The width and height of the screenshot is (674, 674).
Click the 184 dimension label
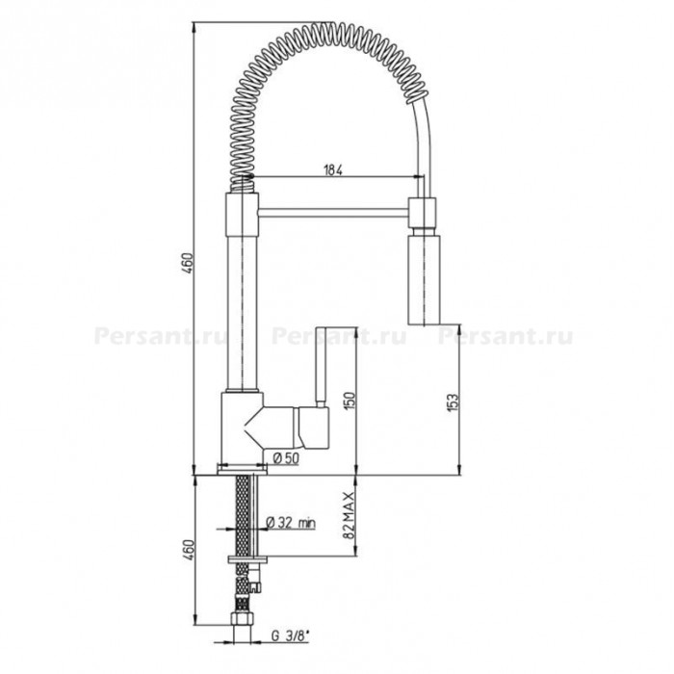(333, 170)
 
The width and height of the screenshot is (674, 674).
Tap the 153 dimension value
(454, 402)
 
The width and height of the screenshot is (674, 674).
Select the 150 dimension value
(350, 401)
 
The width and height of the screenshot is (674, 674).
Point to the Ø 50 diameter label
(286, 458)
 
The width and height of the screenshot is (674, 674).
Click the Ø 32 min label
(291, 523)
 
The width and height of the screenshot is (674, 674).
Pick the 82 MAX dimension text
(349, 515)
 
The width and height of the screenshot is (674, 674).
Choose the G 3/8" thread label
(290, 636)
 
